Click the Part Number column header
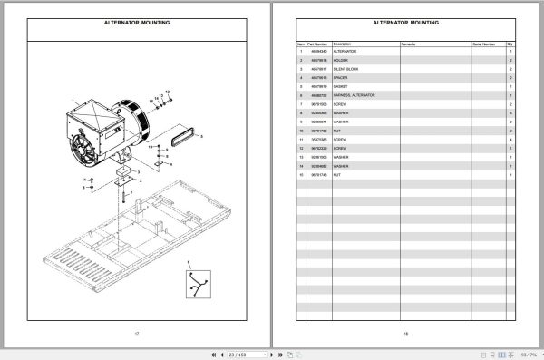point(316,44)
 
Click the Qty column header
point(510,44)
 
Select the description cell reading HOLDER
point(343,61)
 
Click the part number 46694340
point(316,52)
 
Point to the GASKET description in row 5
point(342,86)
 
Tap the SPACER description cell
point(342,78)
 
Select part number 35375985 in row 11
point(316,139)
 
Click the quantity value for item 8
point(510,112)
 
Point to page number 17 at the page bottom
point(135,334)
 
